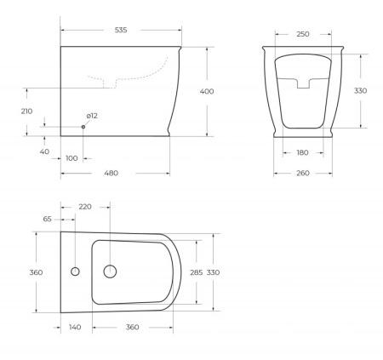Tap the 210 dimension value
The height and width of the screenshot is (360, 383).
click(26, 111)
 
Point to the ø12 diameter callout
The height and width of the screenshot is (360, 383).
click(92, 116)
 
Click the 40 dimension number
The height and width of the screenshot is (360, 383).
click(43, 151)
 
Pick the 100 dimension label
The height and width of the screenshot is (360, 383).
click(71, 157)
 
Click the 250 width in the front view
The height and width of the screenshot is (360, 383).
click(302, 34)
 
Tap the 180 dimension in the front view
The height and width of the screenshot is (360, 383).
click(302, 153)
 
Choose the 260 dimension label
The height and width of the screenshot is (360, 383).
click(302, 174)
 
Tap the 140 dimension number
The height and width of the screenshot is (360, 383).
click(76, 328)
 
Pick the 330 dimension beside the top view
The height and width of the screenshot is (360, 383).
click(213, 272)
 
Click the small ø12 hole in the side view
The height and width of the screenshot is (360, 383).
click(83, 127)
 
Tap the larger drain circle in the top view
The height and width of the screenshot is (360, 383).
click(109, 271)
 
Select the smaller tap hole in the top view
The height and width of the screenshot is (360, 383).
click(75, 271)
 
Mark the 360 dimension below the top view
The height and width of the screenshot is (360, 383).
click(132, 328)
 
